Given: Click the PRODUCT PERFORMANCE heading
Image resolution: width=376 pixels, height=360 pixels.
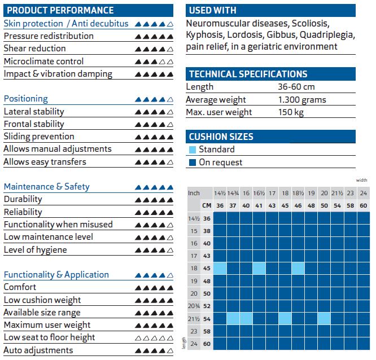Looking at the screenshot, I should click(x=60, y=10).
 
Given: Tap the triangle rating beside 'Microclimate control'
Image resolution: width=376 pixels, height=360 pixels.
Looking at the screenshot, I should click(x=154, y=62).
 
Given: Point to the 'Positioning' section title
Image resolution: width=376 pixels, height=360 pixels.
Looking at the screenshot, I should click(x=26, y=99).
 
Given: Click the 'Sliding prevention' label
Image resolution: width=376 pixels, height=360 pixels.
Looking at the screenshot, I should click(x=39, y=137).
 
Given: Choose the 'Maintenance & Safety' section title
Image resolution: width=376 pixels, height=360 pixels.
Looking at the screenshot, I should click(x=47, y=187).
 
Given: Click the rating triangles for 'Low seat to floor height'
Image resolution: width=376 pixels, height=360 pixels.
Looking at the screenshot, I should click(x=154, y=338).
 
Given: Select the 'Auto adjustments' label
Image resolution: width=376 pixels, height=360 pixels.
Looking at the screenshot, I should click(x=38, y=350).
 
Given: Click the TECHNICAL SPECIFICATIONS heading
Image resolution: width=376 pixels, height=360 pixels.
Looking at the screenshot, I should click(x=248, y=74).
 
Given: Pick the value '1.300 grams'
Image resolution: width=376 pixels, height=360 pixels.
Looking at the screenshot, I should click(x=302, y=100).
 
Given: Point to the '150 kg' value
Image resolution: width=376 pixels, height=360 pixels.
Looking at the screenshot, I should click(x=291, y=112).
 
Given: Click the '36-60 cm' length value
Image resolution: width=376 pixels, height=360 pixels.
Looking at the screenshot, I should click(x=296, y=87).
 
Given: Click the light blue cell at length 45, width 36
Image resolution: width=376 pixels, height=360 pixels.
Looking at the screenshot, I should click(x=220, y=268).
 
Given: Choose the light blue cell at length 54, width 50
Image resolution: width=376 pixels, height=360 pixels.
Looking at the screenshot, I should click(x=324, y=318).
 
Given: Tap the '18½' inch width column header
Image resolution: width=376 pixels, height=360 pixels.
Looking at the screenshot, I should click(x=298, y=193).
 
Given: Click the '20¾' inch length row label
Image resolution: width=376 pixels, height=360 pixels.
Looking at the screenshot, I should click(x=194, y=306).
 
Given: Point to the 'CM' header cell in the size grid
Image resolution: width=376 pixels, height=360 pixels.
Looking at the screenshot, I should click(x=207, y=205).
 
